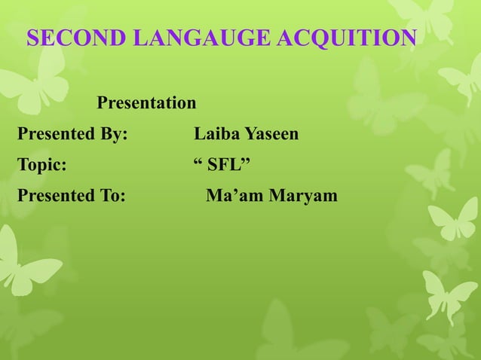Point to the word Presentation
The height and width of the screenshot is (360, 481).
tap(146, 102)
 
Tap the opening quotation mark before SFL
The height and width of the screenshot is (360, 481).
tap(198, 161)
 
